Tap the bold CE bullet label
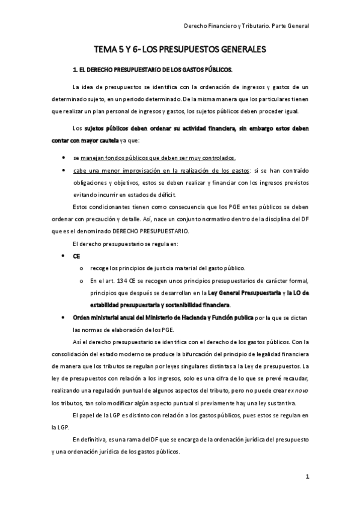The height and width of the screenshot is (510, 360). coord(76,256)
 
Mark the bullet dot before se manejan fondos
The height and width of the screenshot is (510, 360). coord(64,158)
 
